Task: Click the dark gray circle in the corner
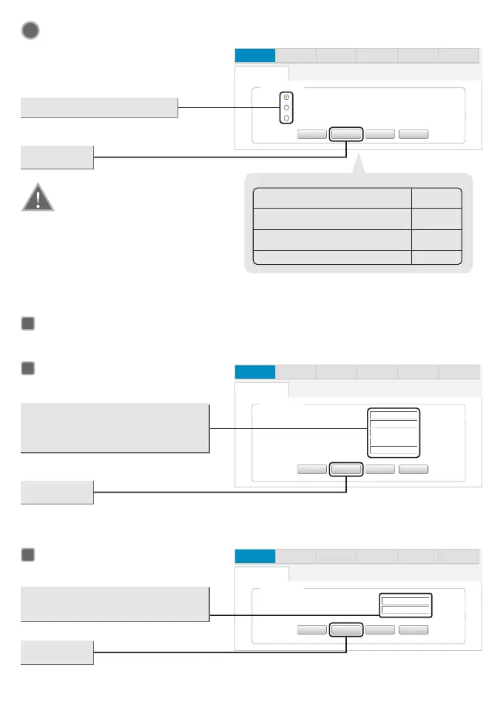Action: click(30, 30)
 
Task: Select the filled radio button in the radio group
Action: click(286, 97)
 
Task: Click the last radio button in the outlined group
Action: click(286, 118)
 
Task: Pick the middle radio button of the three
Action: click(286, 107)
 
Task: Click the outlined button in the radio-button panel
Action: click(346, 135)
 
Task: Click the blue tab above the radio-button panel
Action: click(254, 55)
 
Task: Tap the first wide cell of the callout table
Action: click(332, 198)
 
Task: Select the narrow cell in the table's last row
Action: click(437, 257)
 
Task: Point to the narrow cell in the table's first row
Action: click(437, 198)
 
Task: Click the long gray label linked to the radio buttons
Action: click(99, 107)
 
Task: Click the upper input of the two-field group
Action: click(405, 600)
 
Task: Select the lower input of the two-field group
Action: click(405, 610)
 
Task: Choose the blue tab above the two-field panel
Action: click(254, 555)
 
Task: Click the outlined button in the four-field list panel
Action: click(346, 469)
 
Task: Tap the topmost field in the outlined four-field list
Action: click(394, 415)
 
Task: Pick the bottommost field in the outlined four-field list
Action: click(394, 449)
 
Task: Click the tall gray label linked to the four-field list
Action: click(115, 428)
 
